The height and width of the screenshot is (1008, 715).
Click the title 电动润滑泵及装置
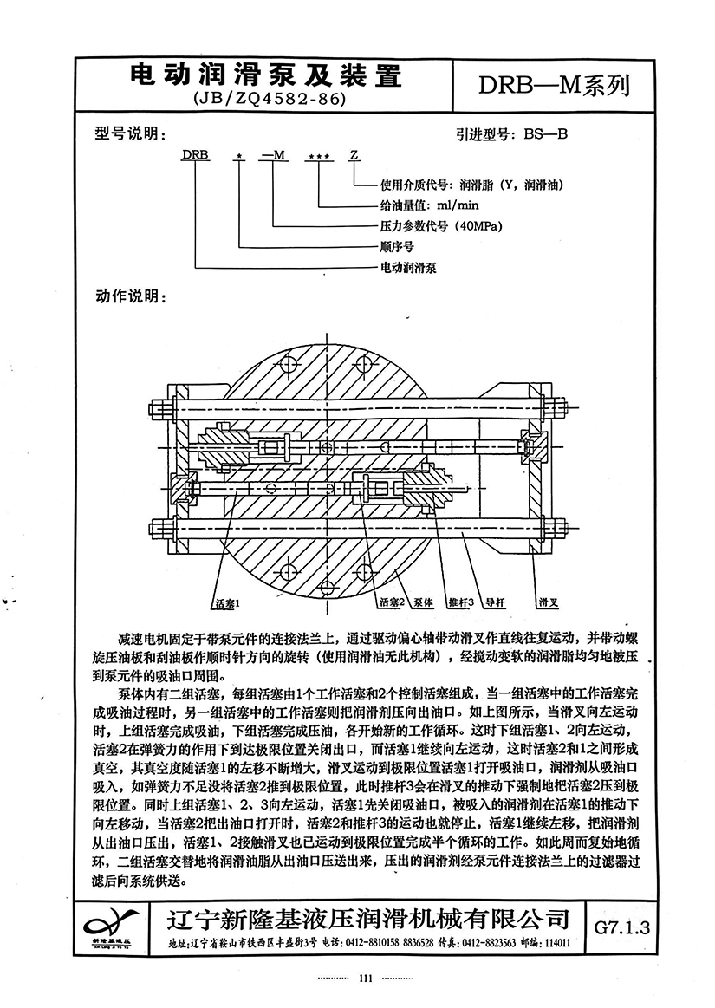coord(265,76)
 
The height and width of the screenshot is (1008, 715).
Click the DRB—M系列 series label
coord(554,85)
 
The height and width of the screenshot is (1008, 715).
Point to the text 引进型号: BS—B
coord(512,134)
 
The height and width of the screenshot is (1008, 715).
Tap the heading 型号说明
coord(130,133)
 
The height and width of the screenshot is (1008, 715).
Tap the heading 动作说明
coord(131,297)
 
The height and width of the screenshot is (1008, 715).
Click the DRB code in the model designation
coord(196,155)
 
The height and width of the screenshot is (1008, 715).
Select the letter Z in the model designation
coord(354,155)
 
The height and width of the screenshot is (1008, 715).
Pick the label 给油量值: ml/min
coord(429,205)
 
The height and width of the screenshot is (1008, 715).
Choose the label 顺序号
coord(397,247)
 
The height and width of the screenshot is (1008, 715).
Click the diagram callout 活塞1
coord(228,603)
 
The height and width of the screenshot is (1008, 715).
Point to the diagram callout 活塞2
coord(392,602)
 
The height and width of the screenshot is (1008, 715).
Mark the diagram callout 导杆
coord(495,602)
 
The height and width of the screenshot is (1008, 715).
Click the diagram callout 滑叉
coord(548,602)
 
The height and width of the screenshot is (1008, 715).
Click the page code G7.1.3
coord(621,927)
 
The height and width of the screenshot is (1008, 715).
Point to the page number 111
coord(365,979)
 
